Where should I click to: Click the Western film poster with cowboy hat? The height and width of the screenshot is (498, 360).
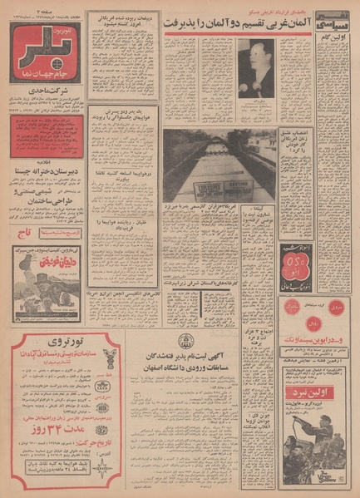point(47,279)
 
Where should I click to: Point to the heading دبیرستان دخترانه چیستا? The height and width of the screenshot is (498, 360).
point(47,173)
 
